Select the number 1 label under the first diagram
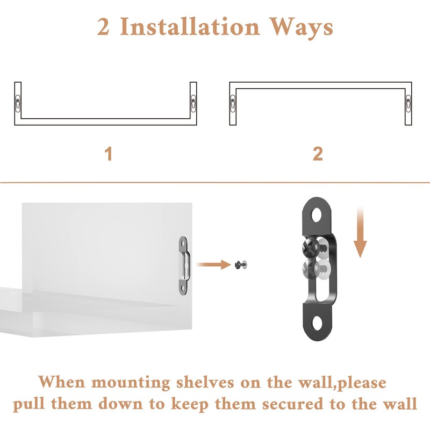point(109,154)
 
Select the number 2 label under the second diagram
point(318,154)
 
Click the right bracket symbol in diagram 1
point(193,102)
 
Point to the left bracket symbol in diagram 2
point(233,102)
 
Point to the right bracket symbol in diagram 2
point(408,102)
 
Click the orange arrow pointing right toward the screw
point(213,264)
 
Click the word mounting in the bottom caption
point(130,383)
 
